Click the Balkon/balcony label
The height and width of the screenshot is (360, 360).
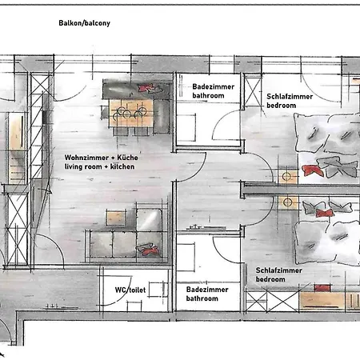[x=84, y=23]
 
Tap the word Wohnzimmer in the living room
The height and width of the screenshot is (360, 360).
[x=82, y=158]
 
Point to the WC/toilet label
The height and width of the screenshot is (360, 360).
[x=130, y=290]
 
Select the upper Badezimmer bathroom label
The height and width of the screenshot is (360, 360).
[x=214, y=91]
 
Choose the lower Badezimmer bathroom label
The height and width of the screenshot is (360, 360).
[x=207, y=294]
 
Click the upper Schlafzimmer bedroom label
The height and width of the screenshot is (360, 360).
[x=290, y=101]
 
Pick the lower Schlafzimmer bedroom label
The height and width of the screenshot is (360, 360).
[x=279, y=274]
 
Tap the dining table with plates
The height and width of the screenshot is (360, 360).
[x=131, y=113]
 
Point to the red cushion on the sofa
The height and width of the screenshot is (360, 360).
[x=148, y=250]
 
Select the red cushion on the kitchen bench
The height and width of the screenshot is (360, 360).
[x=146, y=88]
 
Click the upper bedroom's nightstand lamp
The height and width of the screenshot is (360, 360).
[x=286, y=176]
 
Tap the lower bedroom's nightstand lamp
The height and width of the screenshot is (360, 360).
[x=287, y=202]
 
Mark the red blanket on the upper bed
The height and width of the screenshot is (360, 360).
[x=313, y=170]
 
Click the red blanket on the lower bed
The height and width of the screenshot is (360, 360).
[x=325, y=213]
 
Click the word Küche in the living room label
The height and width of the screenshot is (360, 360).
[x=128, y=158]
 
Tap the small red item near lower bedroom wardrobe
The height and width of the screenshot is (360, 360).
[x=322, y=288]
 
